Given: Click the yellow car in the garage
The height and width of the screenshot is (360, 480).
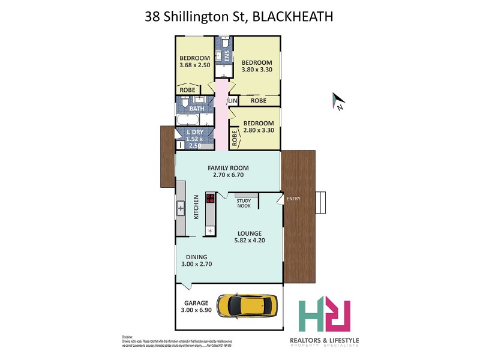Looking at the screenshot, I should pos(248,306).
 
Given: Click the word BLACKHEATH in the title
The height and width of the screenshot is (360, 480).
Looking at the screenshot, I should pos(293,16).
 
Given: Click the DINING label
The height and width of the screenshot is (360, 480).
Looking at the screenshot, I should pos(196,257).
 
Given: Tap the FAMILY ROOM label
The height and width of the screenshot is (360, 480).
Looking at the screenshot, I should pos(228,168).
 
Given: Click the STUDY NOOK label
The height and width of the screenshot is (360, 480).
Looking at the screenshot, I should pos(244,203).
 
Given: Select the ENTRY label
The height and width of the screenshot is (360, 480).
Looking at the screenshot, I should pos(294,199).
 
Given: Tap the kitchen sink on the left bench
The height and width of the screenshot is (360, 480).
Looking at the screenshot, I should pos(181,209).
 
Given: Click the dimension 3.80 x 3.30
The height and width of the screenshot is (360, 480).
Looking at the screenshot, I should pos(257,70).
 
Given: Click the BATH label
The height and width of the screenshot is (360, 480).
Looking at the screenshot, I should pos(197,109).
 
